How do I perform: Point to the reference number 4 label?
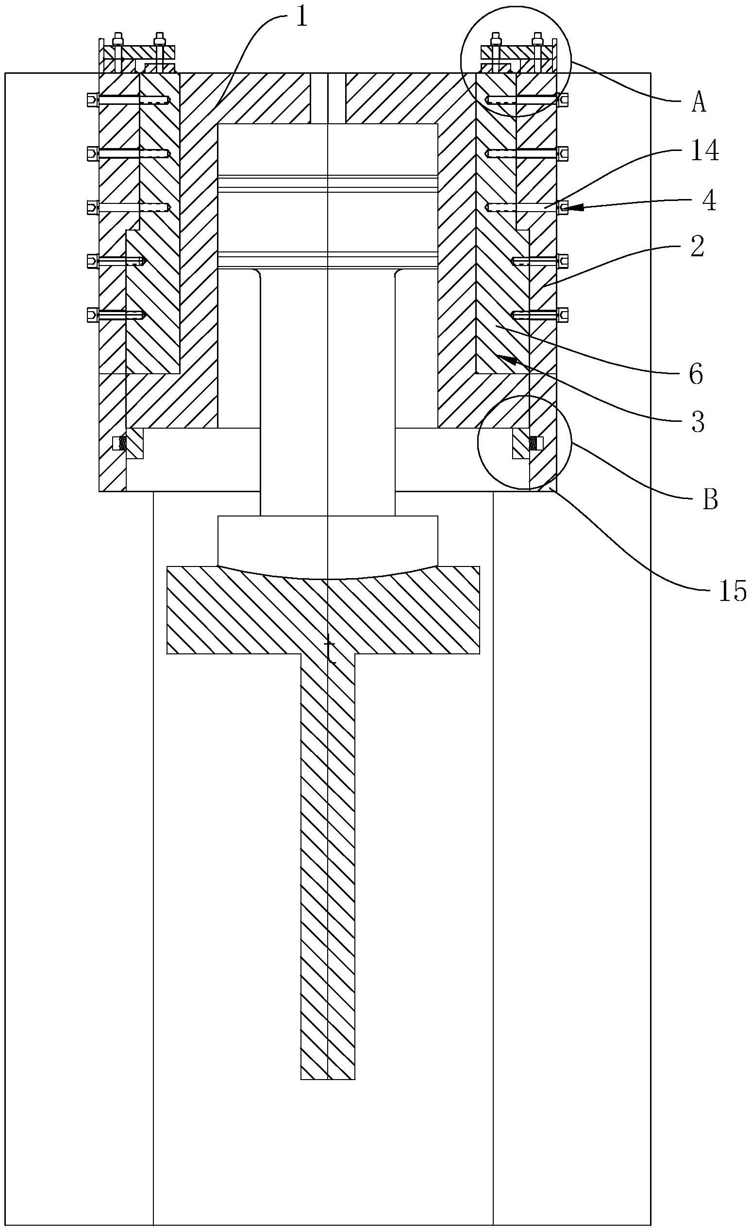[708, 201]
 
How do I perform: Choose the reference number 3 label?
[698, 422]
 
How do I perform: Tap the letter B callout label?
[711, 499]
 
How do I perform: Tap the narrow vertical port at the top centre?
[328, 98]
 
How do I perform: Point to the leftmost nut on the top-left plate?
[118, 38]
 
